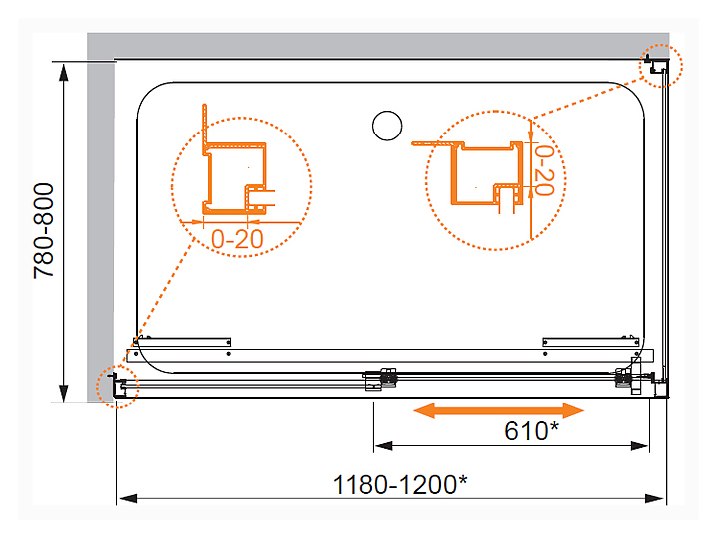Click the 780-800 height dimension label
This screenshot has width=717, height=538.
pos(44,230)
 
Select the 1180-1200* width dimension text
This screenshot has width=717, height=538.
pos(400,484)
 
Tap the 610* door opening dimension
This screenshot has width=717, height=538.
pos(532,431)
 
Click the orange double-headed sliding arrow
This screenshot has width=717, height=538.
pos(499,410)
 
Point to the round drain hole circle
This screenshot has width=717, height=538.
pos(387,126)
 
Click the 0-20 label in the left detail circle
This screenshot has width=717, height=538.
pos(237,239)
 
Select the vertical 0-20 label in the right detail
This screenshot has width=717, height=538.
pos(544,170)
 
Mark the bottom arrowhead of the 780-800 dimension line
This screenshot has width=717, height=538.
pos(64,393)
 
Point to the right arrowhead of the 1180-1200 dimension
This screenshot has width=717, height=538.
pos(655,498)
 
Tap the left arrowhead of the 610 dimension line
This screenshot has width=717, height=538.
pos(383,445)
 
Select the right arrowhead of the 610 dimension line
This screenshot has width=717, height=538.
pos(639,445)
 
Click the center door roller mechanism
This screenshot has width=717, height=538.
pos(380,380)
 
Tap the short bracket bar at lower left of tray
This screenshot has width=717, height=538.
pos(182,342)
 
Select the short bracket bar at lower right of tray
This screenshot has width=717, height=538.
pos(591,342)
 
